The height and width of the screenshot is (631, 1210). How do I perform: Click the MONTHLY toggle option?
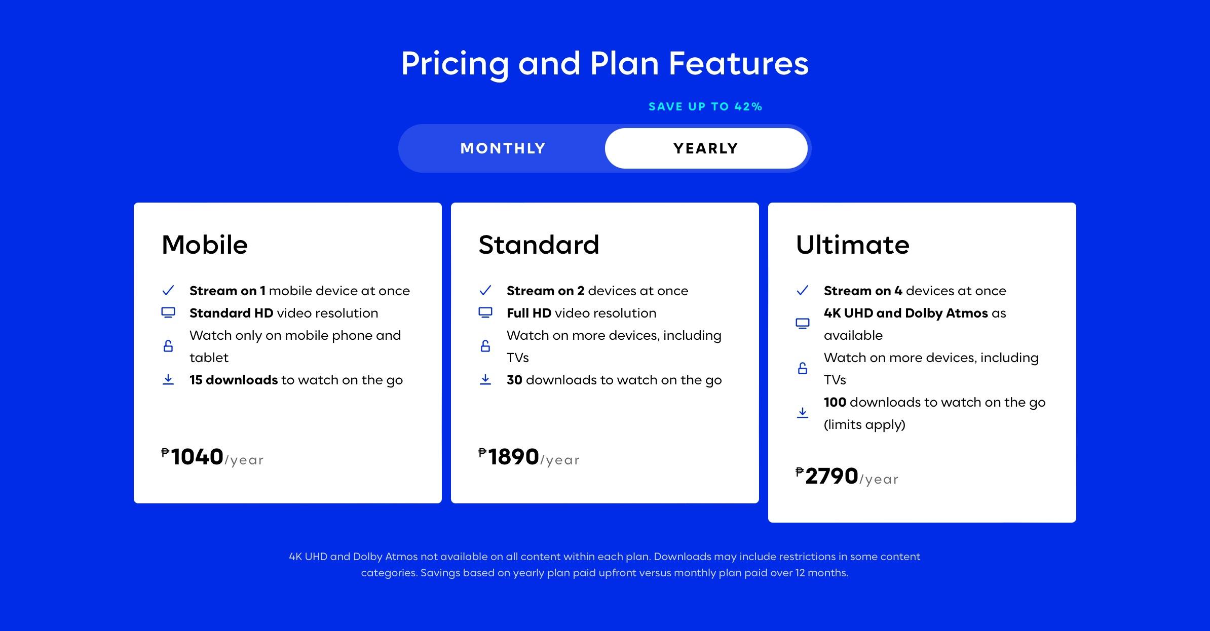click(x=503, y=148)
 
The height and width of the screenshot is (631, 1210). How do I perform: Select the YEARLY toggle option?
click(x=706, y=148)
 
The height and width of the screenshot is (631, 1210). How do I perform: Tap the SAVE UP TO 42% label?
click(x=705, y=107)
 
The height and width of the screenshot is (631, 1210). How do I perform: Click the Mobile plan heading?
click(x=205, y=245)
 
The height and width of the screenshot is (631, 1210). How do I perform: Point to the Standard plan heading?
click(x=539, y=245)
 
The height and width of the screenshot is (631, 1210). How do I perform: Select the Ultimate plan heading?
click(x=853, y=245)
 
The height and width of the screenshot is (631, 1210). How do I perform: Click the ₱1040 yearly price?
click(x=212, y=457)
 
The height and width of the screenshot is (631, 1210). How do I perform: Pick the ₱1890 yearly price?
click(x=529, y=457)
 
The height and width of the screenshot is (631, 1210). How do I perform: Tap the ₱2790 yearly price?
click(x=847, y=476)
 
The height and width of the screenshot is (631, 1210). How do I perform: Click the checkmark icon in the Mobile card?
click(x=168, y=290)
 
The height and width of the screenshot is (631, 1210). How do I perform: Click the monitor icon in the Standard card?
click(x=485, y=312)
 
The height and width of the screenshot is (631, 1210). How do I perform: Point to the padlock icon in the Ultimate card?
click(x=803, y=368)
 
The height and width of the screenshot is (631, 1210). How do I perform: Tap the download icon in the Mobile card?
click(x=168, y=379)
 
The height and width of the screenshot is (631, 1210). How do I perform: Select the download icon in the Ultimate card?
click(x=803, y=413)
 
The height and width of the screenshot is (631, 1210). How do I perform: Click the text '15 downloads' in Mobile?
click(x=234, y=380)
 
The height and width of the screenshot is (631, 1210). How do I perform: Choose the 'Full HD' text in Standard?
click(x=529, y=313)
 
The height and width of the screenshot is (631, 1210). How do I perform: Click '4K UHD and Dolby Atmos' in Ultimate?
click(x=906, y=313)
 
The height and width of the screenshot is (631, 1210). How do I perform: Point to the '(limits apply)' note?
click(x=864, y=424)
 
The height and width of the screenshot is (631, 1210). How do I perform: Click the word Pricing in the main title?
click(x=455, y=64)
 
